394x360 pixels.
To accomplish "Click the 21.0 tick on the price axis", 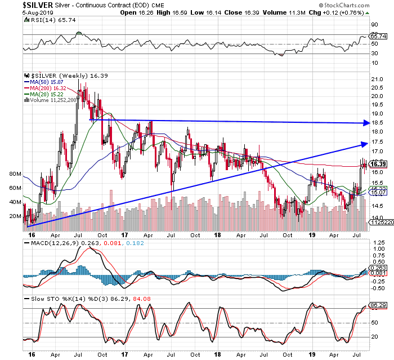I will pos(377,79).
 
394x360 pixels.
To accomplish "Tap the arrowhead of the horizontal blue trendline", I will pos(365,123).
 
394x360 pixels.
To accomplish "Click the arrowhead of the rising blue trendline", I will pos(364,144).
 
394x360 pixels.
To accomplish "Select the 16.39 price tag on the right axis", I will pos(377,164).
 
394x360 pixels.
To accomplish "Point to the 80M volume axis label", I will pos(15,174).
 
